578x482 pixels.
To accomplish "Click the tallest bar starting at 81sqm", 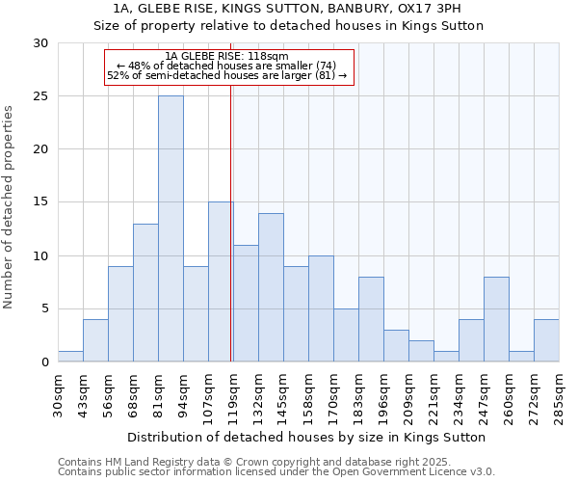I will (171, 228).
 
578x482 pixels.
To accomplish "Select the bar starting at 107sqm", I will (221, 281).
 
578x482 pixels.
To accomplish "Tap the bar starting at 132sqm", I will (271, 287).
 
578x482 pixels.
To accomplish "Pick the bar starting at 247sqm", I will (496, 319).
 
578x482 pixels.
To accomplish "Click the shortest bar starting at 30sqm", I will (70, 357).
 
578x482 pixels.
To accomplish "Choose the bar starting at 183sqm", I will (371, 319).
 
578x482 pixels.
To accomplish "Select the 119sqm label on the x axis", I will (233, 395).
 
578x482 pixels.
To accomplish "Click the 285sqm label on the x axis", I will (559, 395).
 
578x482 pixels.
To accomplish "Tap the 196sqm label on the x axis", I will (383, 395).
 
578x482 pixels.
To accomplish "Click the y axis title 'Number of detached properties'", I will (9, 207).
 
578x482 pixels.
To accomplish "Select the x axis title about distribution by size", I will (305, 437).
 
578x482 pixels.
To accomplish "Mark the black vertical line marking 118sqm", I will (231, 222).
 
